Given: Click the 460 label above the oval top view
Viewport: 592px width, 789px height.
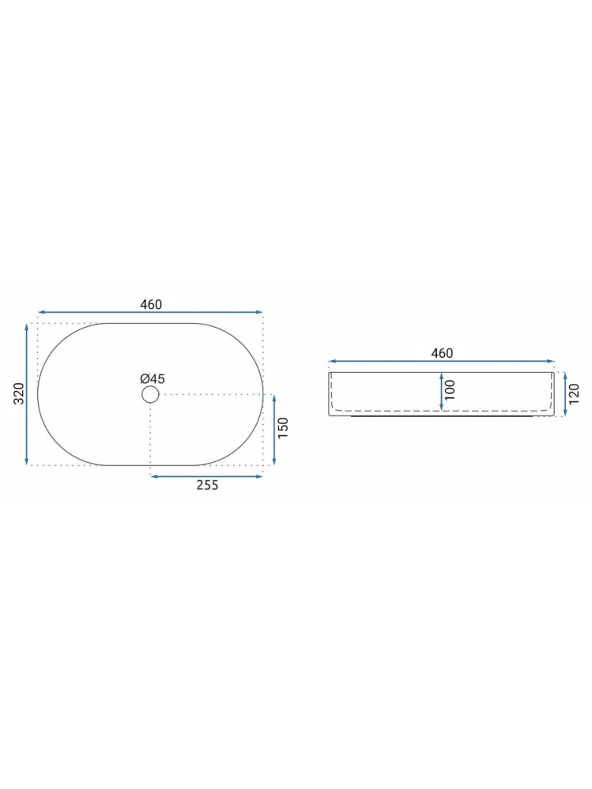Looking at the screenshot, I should pos(150,305).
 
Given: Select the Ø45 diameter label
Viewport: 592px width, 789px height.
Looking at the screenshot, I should pos(153,379).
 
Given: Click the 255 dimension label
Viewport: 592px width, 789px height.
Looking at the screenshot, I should pos(207,486).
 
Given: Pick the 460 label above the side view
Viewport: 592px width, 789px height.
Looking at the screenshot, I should pos(442,353).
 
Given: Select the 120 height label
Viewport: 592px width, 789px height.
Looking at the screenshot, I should pos(575,393).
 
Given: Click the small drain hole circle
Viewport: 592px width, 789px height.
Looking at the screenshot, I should pos(150,394).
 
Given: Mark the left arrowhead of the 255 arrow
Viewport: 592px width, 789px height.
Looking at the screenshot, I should pos(153,475).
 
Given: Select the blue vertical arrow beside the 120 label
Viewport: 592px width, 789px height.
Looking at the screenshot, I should pos(564,394).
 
